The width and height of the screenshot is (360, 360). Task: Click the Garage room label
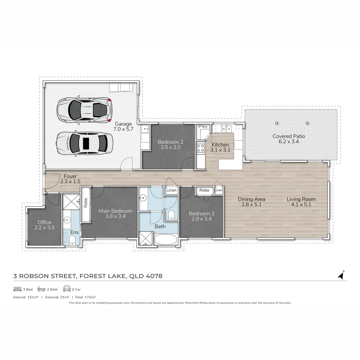[124, 124]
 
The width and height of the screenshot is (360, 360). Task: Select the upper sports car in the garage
[84, 109]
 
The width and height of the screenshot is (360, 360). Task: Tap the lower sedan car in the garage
[84, 143]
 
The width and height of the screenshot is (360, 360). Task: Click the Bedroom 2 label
[170, 142]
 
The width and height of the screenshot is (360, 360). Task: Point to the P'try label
[203, 127]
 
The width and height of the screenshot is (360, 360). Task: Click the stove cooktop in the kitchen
[200, 148]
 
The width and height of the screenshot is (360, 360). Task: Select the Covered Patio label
[289, 136]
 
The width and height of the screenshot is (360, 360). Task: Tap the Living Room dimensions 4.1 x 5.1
[301, 205]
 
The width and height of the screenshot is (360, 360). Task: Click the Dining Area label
[251, 199]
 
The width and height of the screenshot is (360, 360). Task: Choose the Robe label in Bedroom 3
[204, 190]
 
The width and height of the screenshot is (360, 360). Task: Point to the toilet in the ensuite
[72, 240]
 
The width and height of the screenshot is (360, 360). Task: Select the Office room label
[44, 222]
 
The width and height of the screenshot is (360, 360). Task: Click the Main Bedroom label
[115, 211]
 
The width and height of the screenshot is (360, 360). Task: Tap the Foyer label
[70, 176]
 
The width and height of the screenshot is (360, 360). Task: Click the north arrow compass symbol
[341, 275]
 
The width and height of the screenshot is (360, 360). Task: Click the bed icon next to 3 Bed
[17, 289]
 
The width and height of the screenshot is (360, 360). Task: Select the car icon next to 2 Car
[67, 289]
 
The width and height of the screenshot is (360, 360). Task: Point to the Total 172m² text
[85, 297]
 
